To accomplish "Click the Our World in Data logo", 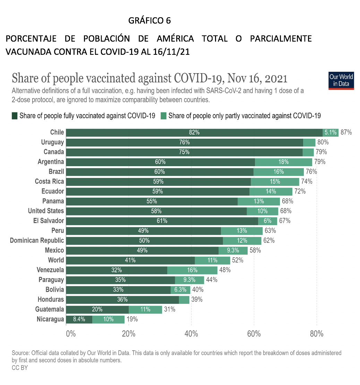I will coord(341,80).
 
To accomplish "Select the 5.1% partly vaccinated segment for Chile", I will coord(331,132).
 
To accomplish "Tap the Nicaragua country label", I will coord(50,319).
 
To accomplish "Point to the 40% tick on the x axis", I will coord(191,334).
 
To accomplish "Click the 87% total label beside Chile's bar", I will coord(346,132).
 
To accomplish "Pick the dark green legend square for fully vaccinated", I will coord(15,116).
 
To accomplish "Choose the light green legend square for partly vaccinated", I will coord(164,116).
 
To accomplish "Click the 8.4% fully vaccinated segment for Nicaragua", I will coord(79,319).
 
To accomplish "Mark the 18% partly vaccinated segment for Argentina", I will coord(283,162).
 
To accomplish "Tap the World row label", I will coord(56,260).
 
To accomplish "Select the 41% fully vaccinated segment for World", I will coord(130,260).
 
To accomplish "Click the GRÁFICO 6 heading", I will coord(149,21).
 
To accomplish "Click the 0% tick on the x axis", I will coord(71,334).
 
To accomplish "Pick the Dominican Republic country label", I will coord(37,240).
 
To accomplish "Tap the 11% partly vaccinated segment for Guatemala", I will coord(145,309).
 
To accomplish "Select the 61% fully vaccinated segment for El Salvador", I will coord(162,221).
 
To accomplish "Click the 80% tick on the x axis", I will coord(316,334).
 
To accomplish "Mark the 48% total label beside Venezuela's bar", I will coord(225,270).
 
